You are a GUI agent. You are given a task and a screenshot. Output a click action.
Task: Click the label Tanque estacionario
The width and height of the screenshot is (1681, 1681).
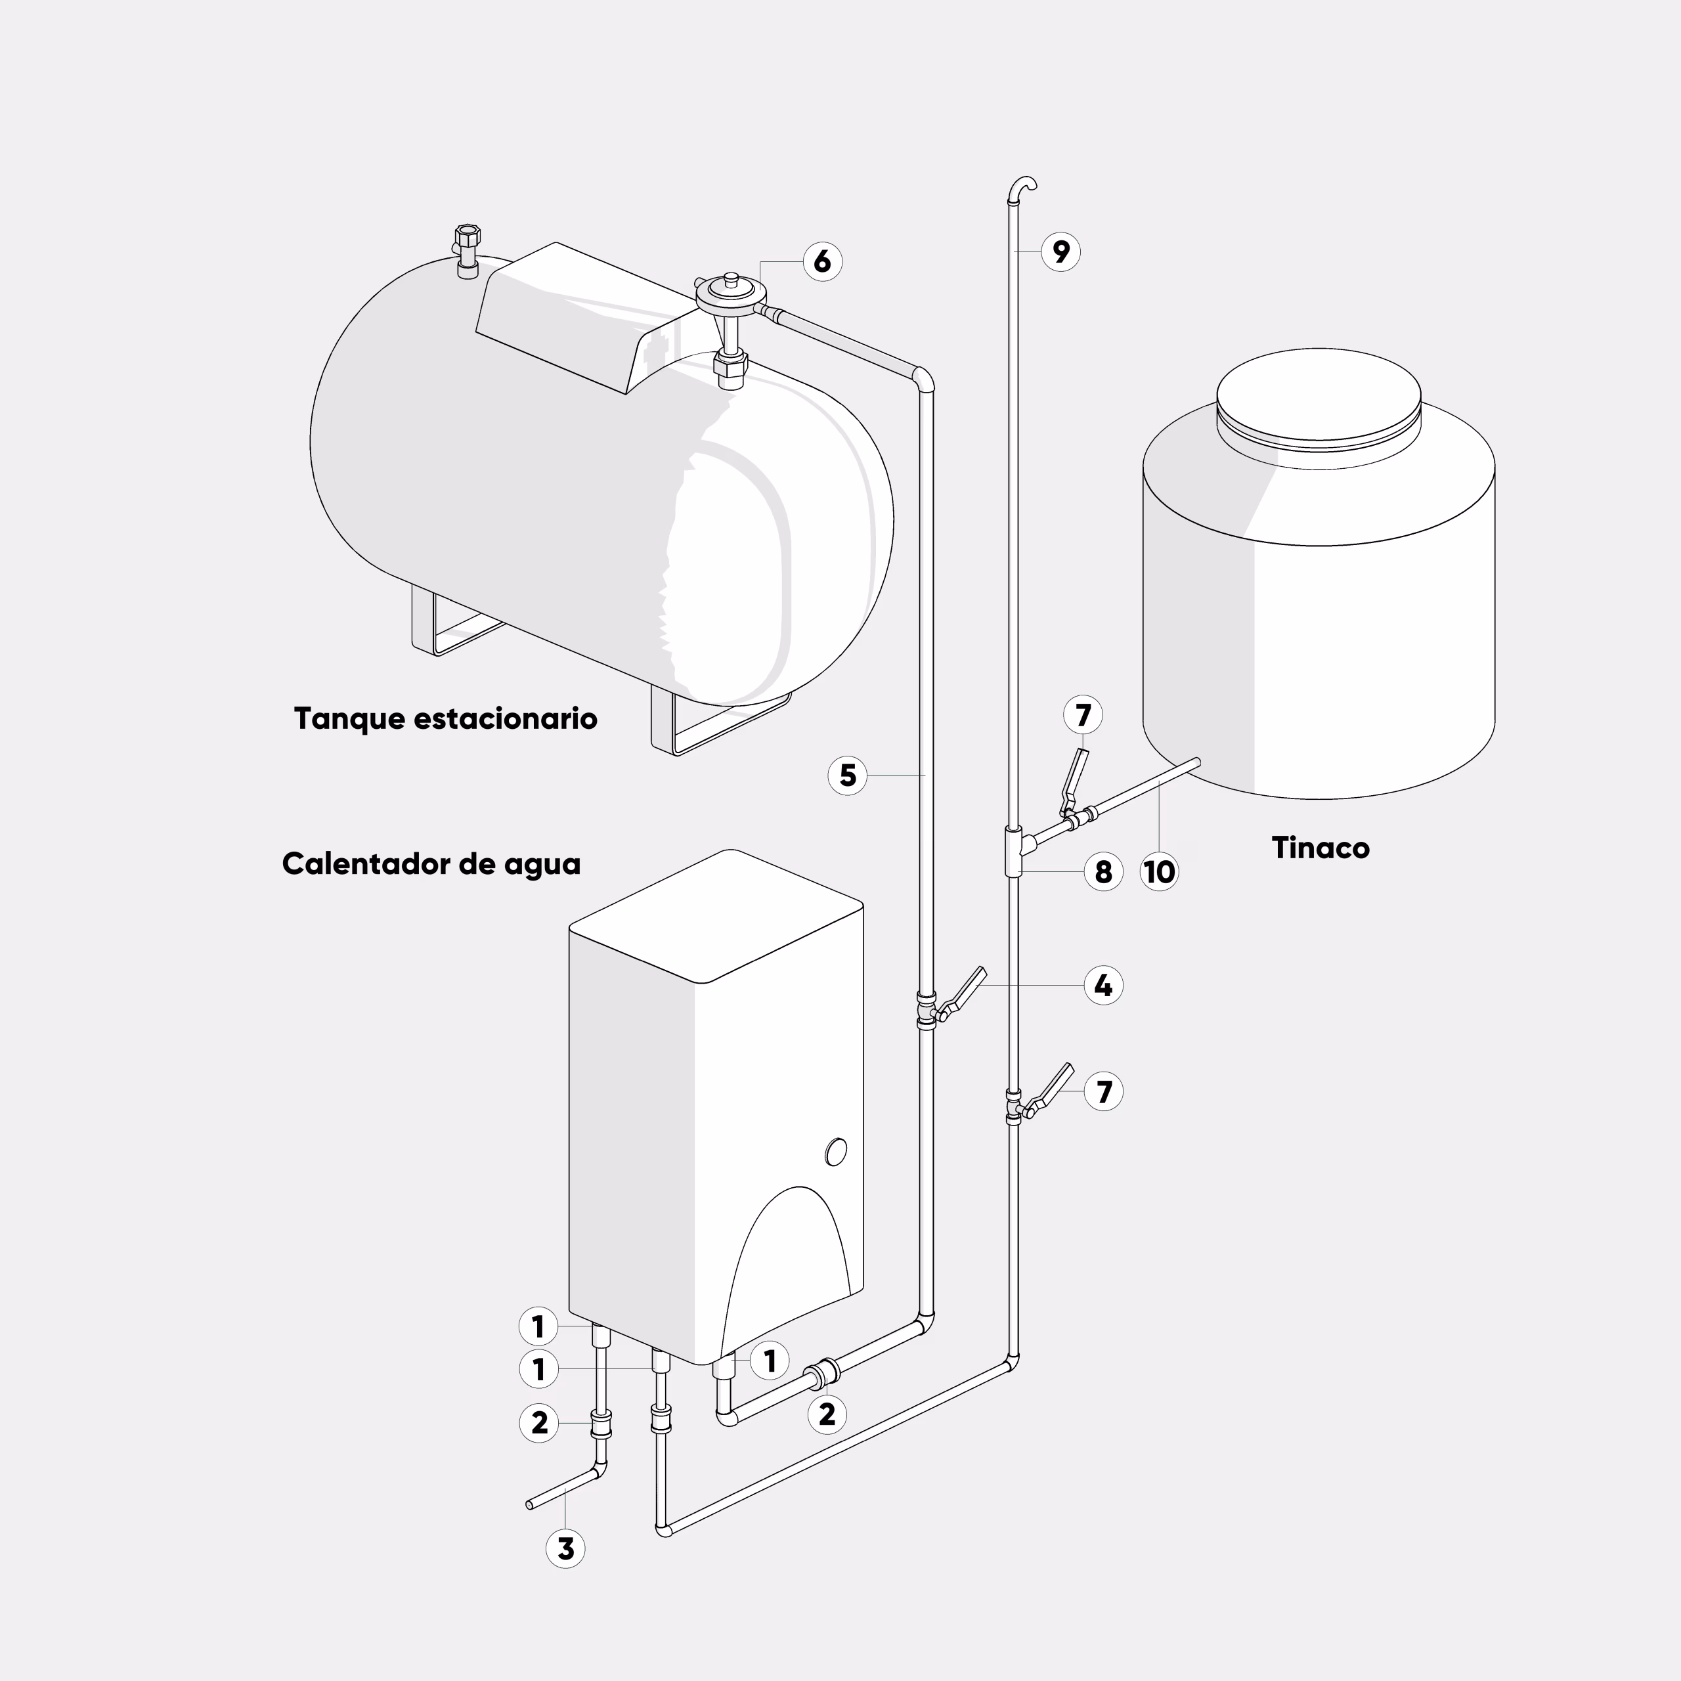pos(445,718)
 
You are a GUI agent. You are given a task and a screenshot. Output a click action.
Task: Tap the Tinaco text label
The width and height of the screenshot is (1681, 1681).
pos(1320,848)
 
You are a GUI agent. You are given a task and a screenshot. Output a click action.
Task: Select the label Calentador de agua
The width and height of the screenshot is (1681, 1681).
pos(431,864)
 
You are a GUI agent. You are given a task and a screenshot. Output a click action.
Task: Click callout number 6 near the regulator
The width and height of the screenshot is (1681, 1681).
pos(822,261)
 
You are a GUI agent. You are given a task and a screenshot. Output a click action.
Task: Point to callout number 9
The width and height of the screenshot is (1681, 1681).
pos(1060,251)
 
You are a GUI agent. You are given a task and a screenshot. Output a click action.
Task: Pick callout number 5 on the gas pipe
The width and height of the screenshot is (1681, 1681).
pos(848,775)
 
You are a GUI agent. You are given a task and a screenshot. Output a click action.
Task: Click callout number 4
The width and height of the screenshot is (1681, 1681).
pos(1103,986)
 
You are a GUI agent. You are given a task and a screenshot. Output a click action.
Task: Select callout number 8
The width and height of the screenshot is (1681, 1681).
pos(1103,871)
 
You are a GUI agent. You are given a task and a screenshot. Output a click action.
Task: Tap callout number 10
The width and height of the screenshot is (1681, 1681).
pos(1159,871)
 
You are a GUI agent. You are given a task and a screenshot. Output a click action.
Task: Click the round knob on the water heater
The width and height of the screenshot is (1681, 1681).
pos(835,1152)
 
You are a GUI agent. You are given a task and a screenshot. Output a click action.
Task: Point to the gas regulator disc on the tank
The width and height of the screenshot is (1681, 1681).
pos(729,294)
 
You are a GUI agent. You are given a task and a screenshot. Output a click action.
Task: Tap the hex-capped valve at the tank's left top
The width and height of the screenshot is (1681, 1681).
pos(468,251)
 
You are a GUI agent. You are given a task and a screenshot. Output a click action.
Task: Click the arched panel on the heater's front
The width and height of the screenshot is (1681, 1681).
pos(787,1271)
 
